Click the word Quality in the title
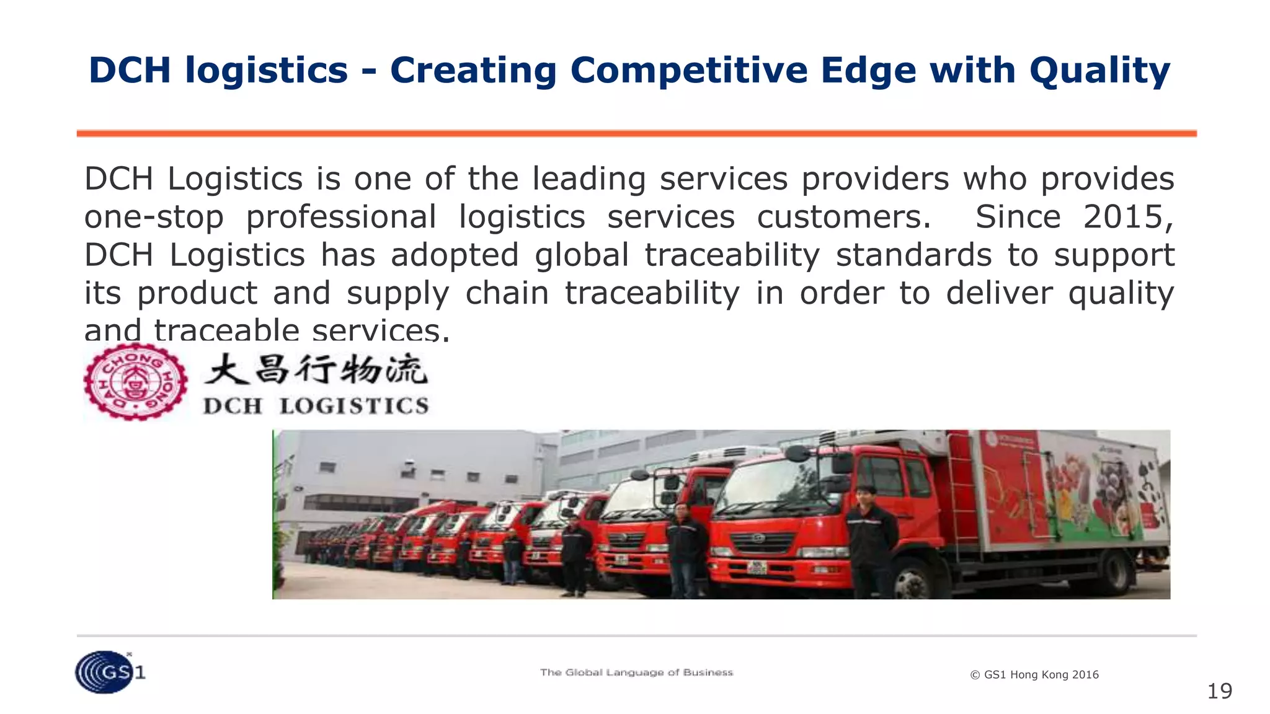pyautogui.click(x=1099, y=71)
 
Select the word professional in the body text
pyautogui.click(x=341, y=218)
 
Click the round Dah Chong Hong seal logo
pyautogui.click(x=135, y=382)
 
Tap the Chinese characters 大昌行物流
pyautogui.click(x=316, y=370)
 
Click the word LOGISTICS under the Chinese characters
pyautogui.click(x=354, y=407)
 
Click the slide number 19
pyautogui.click(x=1219, y=691)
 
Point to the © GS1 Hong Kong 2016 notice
pyautogui.click(x=1034, y=675)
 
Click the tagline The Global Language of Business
pyautogui.click(x=636, y=672)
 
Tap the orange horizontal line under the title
pyautogui.click(x=636, y=133)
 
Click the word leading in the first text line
pyautogui.click(x=589, y=179)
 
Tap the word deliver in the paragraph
pyautogui.click(x=999, y=293)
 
